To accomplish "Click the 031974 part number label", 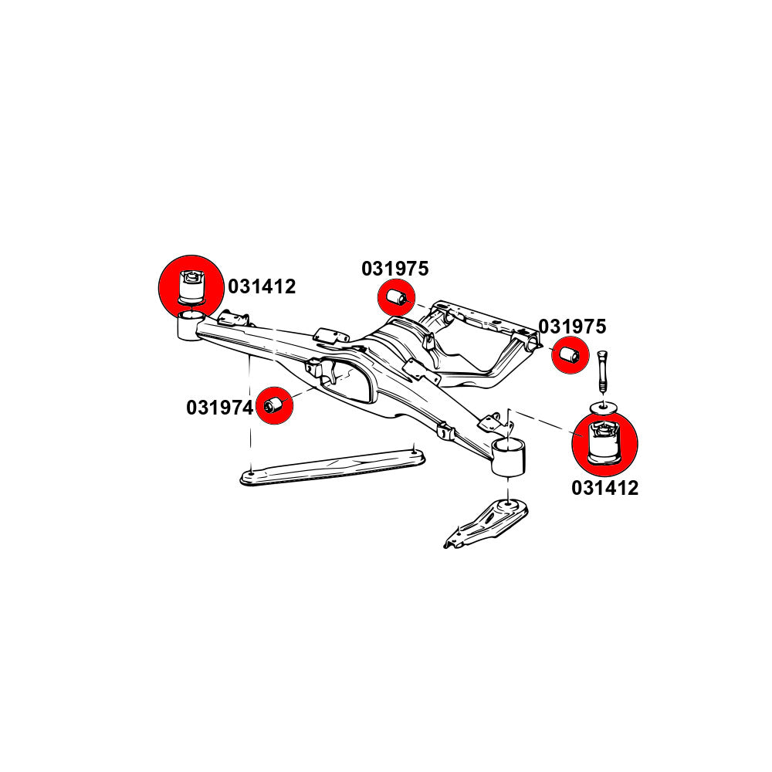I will click(219, 407).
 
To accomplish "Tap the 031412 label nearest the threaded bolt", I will click(604, 488).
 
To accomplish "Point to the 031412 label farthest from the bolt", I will click(261, 287).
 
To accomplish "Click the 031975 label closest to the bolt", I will click(572, 326).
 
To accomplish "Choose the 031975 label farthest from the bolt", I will click(394, 269).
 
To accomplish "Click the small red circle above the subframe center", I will click(396, 297).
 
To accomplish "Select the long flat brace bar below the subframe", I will click(332, 467).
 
